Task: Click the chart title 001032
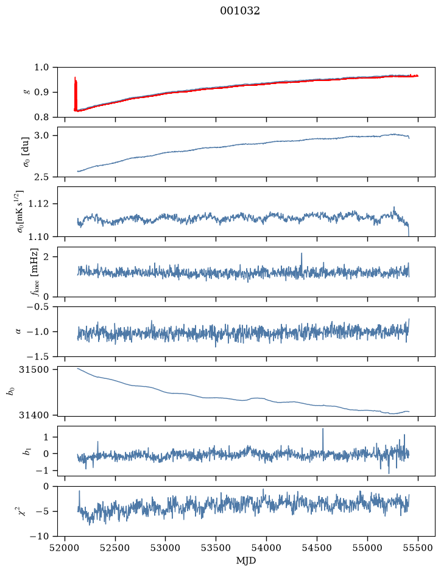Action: [x=239, y=11]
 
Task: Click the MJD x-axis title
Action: [x=246, y=560]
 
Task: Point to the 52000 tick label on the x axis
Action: [x=65, y=548]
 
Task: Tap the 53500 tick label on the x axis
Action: [x=216, y=548]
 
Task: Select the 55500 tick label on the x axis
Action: [x=418, y=548]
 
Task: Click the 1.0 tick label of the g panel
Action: [x=41, y=68]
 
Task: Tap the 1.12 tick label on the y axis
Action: [x=39, y=203]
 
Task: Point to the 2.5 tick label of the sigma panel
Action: [x=41, y=177]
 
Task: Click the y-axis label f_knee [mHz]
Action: [x=34, y=272]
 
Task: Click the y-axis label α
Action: [x=18, y=331]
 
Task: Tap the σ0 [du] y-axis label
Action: [x=26, y=152]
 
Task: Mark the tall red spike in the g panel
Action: [x=76, y=94]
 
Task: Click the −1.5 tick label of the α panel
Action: [x=38, y=356]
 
